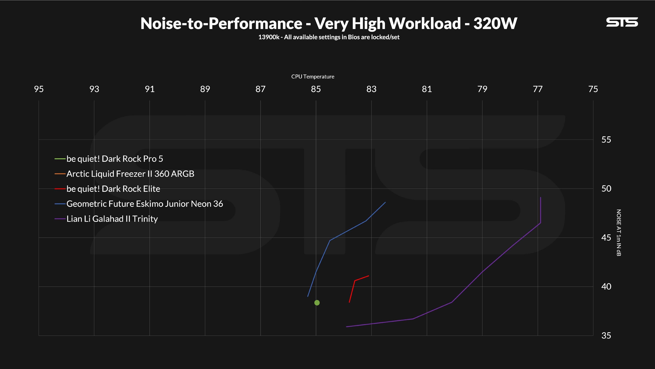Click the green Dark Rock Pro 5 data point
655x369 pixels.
pyautogui.click(x=317, y=303)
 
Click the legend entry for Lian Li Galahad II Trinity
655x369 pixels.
pyautogui.click(x=106, y=219)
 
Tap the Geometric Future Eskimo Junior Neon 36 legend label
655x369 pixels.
pyautogui.click(x=139, y=204)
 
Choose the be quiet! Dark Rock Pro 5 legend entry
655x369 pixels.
pyautogui.click(x=109, y=159)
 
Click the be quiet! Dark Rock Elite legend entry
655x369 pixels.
pyautogui.click(x=107, y=189)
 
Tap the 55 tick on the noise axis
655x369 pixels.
pyautogui.click(x=606, y=140)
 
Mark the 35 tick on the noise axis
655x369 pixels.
pyautogui.click(x=606, y=335)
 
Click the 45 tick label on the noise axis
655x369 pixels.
pyautogui.click(x=606, y=238)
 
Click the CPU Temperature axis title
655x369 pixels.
pyautogui.click(x=313, y=77)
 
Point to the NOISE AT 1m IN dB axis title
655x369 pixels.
pyautogui.click(x=619, y=233)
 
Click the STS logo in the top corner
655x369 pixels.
pyautogui.click(x=622, y=22)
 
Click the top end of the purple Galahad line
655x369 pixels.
pyautogui.click(x=540, y=197)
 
